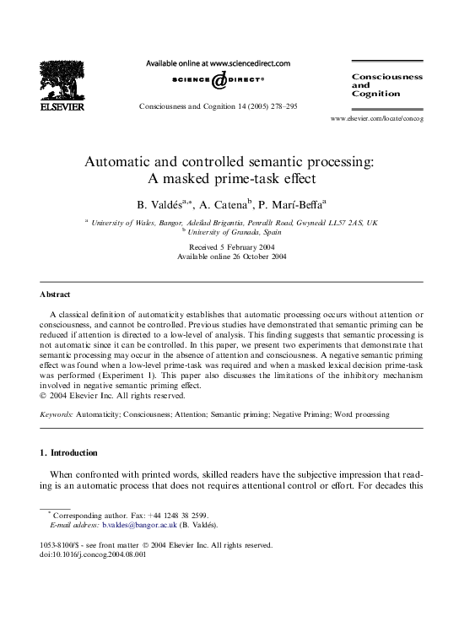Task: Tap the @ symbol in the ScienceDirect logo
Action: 218,81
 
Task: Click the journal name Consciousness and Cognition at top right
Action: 386,84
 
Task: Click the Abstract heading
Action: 55,295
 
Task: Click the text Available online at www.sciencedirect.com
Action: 218,63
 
